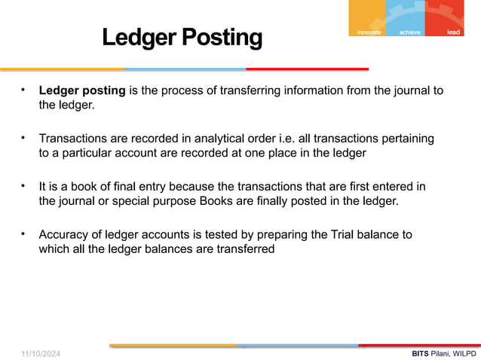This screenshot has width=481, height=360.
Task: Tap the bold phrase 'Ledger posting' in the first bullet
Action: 82,91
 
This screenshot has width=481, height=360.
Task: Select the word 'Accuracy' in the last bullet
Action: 63,234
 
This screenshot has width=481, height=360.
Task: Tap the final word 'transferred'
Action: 244,249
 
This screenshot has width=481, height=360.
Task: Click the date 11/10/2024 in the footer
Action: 41,352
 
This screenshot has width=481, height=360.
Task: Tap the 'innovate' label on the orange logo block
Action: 366,32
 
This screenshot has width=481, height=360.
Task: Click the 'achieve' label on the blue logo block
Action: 411,32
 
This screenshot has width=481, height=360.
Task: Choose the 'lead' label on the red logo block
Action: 453,32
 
